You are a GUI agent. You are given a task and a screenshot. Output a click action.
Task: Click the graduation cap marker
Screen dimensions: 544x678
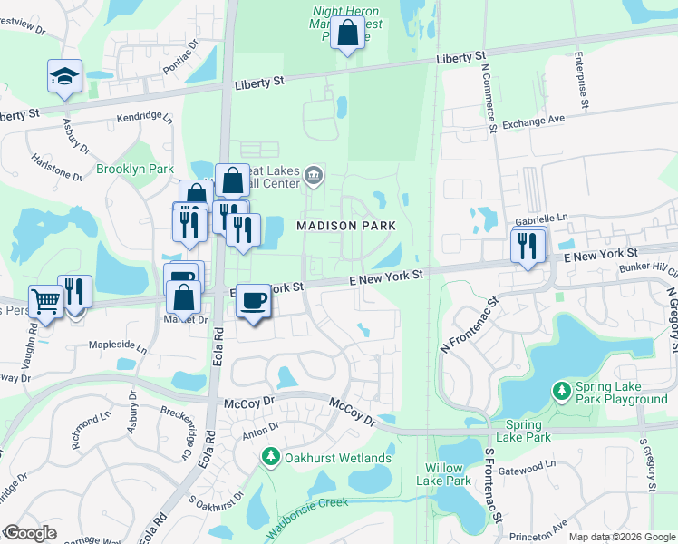coord(65,77)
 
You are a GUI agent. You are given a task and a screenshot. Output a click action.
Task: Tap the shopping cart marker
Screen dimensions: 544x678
coord(45,302)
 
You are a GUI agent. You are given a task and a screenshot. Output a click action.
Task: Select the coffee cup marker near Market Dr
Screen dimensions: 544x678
coord(254,301)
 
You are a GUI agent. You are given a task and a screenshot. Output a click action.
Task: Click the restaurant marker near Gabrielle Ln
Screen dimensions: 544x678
coord(528,245)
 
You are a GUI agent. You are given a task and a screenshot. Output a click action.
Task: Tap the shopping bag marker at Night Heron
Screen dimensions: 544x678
coord(347,34)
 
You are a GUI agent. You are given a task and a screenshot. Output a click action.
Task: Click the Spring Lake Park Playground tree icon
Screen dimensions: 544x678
coord(562,392)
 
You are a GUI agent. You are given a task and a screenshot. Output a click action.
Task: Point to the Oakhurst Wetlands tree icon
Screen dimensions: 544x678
coord(269,457)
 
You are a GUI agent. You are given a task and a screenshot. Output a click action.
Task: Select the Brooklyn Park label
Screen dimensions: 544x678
coord(135,169)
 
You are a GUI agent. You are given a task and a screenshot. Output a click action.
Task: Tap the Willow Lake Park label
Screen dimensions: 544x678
coord(449,474)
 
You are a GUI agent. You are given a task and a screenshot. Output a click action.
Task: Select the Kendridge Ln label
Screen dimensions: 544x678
coord(144,117)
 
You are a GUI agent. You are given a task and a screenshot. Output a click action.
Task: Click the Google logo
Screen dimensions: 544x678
coord(31,532)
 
